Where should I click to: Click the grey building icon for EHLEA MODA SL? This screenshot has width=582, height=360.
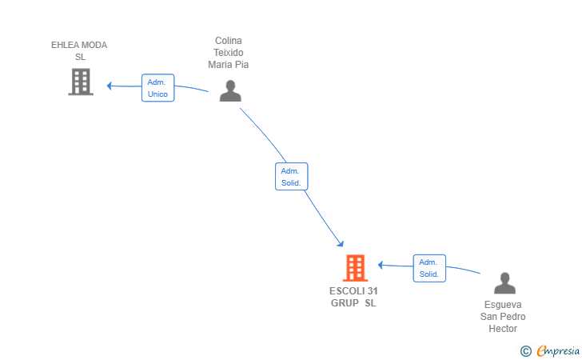pos(81,82)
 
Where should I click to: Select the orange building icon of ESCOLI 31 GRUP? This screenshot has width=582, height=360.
pos(355,268)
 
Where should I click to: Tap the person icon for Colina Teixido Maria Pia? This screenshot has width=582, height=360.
pos(230,90)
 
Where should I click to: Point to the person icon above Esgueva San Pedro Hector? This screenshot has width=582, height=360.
pos(504,283)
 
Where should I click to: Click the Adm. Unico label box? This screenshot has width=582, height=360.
pos(157,88)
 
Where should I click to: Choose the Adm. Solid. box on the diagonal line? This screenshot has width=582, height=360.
pos(291,177)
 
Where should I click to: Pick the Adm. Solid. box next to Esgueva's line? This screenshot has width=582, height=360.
pos(429,268)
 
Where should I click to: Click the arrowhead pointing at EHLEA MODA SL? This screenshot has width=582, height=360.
pos(109,86)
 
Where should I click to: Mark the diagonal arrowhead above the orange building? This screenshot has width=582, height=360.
pos(341,244)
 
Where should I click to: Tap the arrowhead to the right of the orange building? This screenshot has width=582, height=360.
pos(381,265)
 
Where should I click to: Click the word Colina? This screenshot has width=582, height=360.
pos(229,41)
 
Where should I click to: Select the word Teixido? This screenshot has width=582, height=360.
pos(229,52)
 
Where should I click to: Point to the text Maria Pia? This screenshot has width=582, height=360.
pos(229,65)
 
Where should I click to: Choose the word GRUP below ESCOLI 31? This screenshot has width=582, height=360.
pos(345,303)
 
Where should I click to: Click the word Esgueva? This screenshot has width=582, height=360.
pos(503,305)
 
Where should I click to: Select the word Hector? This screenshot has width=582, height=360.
pos(503,329)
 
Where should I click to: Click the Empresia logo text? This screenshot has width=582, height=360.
pos(558,350)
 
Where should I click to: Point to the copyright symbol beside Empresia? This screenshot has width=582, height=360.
pos(526,351)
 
